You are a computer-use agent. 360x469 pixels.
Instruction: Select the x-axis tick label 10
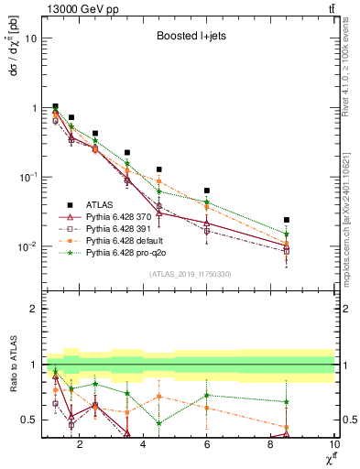pos(333,445)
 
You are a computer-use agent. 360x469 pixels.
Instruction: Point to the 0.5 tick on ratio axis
pos(27,420)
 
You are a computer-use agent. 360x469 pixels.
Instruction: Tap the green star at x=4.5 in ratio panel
pos(159,423)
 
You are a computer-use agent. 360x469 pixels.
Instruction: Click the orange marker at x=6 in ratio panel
pos(207,408)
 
